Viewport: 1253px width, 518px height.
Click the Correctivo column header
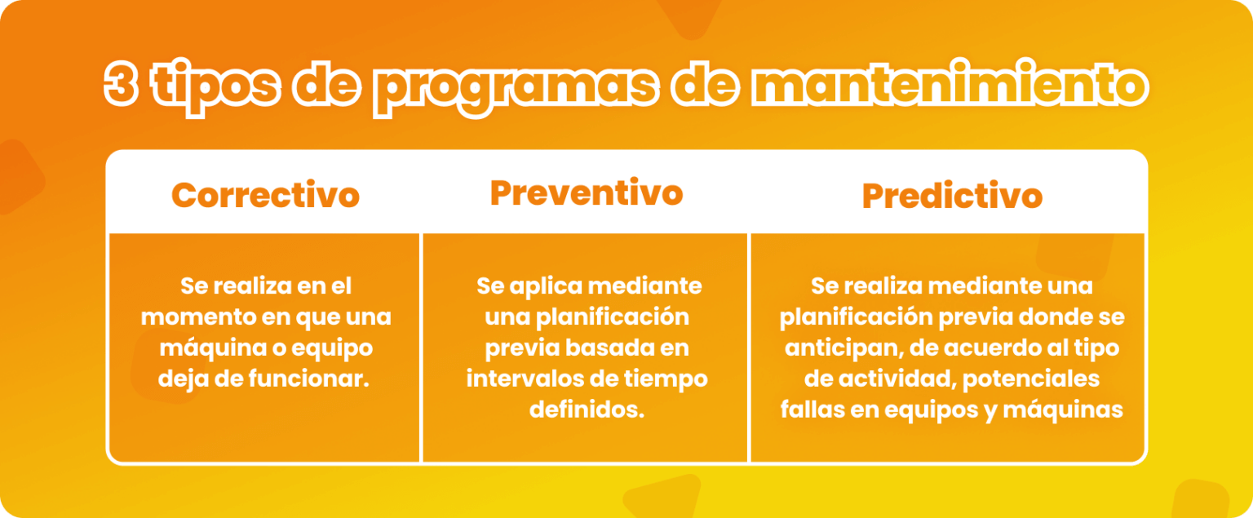265,195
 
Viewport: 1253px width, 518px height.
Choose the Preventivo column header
586,193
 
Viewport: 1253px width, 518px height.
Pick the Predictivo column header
952,196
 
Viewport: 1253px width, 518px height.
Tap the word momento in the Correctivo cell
201,317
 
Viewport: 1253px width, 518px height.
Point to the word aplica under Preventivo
547,286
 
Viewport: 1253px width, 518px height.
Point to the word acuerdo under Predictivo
996,348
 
